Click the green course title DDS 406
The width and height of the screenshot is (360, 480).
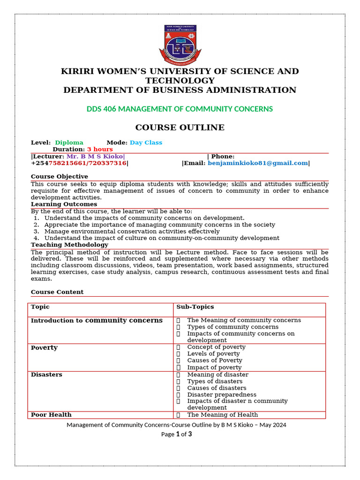pyautogui.click(x=180, y=109)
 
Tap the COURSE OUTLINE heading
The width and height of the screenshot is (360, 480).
pyautogui.click(x=180, y=127)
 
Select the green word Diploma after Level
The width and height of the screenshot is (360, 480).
pyautogui.click(x=69, y=142)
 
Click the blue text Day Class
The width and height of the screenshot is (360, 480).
pyautogui.click(x=146, y=142)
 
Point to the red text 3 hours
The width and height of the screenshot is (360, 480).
pyautogui.click(x=100, y=149)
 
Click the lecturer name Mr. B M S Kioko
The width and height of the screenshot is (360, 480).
pyautogui.click(x=95, y=157)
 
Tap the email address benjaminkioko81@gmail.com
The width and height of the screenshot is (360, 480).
pyautogui.click(x=258, y=163)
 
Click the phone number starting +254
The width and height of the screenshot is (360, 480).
pyautogui.click(x=79, y=163)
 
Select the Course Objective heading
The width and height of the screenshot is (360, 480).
pyautogui.click(x=59, y=177)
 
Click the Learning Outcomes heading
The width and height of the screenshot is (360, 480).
pyautogui.click(x=64, y=204)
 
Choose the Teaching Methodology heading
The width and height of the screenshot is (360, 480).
pyautogui.click(x=69, y=245)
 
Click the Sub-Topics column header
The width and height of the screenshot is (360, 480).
pyautogui.click(x=195, y=307)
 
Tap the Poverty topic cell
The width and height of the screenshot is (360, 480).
pyautogui.click(x=44, y=348)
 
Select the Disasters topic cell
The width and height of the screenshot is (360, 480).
pyautogui.click(x=46, y=375)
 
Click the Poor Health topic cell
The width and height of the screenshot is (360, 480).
pyautogui.click(x=51, y=415)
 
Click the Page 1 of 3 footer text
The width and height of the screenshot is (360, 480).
pyautogui.click(x=176, y=434)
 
